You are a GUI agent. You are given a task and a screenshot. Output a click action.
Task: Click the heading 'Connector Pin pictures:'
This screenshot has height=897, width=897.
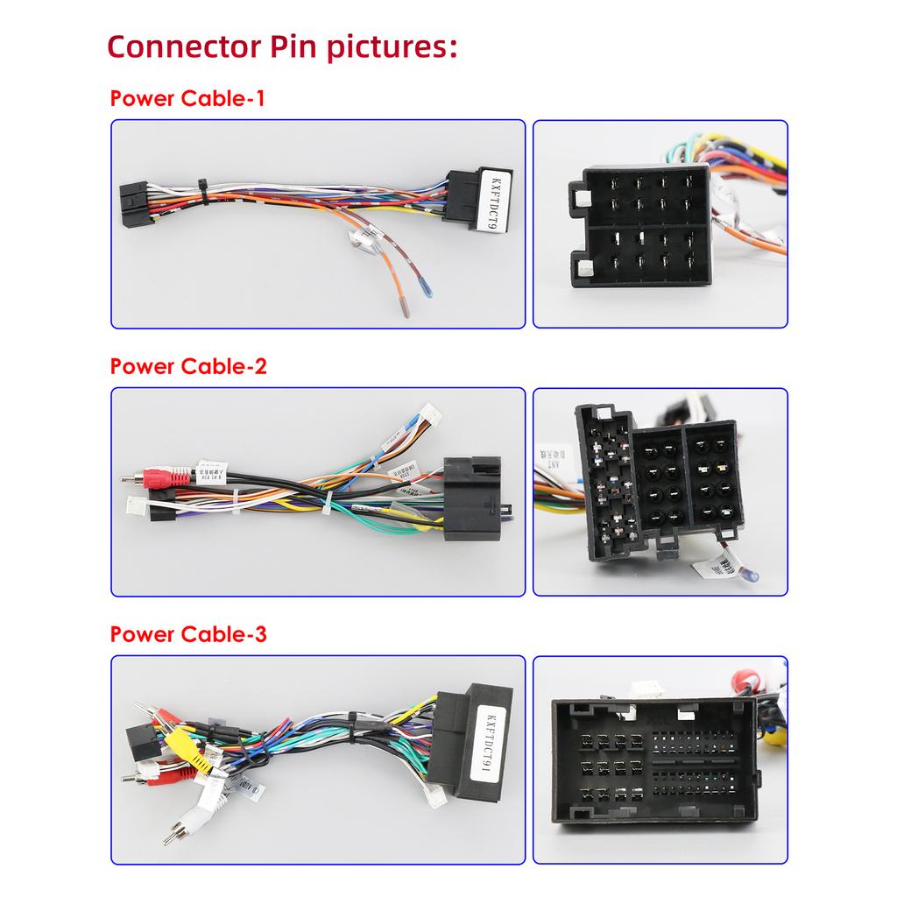pyautogui.click(x=282, y=46)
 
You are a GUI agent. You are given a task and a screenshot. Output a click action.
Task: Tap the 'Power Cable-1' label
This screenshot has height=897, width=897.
pyautogui.click(x=187, y=98)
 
